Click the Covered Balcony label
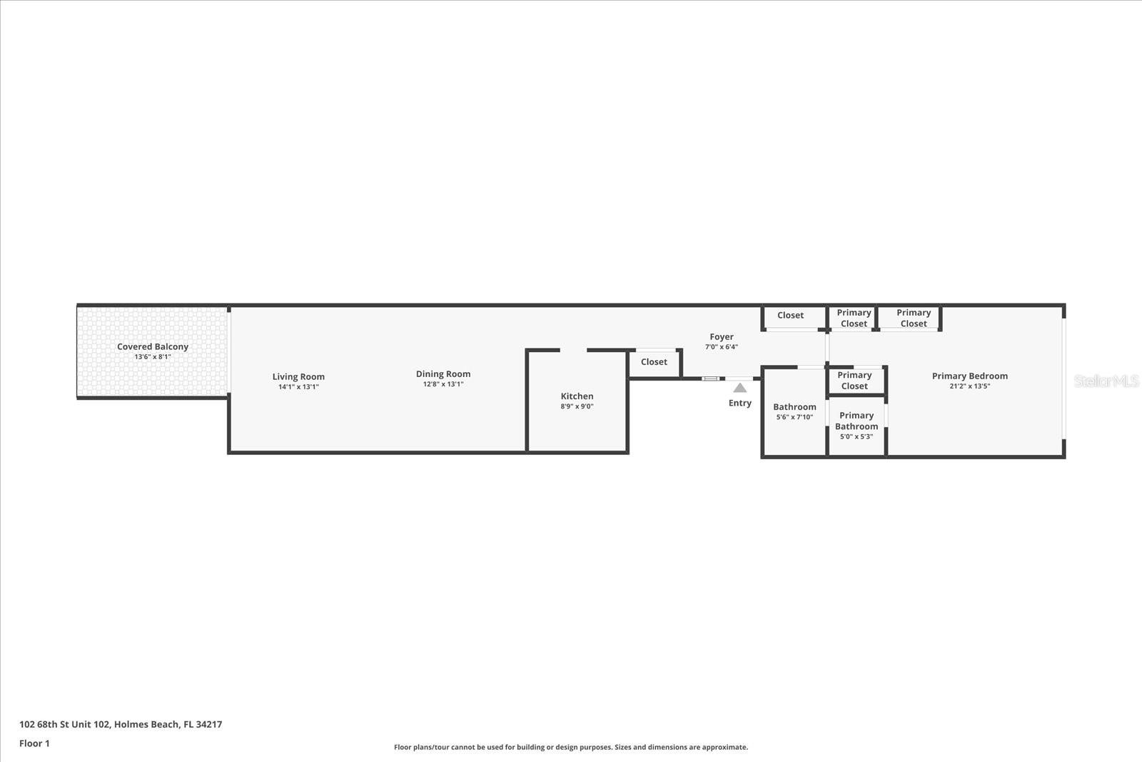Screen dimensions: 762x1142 click(153, 346)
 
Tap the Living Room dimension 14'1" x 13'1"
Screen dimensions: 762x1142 click(298, 387)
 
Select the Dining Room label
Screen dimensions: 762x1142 click(443, 374)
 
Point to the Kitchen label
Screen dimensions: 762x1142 click(577, 396)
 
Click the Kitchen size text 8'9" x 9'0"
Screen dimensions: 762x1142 click(577, 406)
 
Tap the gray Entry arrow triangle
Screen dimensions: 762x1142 click(740, 388)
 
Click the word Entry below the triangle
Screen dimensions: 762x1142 click(740, 403)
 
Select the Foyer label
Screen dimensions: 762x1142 click(721, 336)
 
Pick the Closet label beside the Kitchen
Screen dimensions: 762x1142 click(654, 362)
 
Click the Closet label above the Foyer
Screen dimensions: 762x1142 click(790, 315)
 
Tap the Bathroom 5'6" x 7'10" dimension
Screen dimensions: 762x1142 click(794, 417)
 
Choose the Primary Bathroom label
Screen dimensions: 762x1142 click(856, 421)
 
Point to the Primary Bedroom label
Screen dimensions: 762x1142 click(969, 376)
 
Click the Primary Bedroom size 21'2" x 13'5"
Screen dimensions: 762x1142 click(969, 386)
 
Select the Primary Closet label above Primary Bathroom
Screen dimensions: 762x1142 click(854, 381)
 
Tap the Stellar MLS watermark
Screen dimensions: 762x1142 click(1106, 381)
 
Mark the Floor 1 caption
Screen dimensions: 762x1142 click(34, 743)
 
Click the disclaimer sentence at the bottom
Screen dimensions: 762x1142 click(571, 747)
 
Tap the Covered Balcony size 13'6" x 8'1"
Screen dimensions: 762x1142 click(153, 356)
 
